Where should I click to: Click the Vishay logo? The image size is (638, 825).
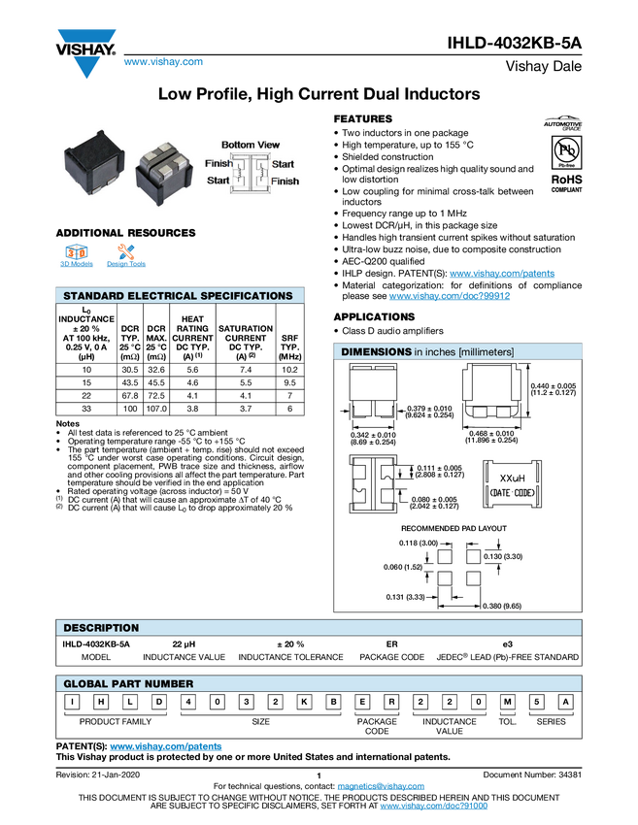pyautogui.click(x=85, y=51)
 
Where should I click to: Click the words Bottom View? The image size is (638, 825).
pyautogui.click(x=251, y=145)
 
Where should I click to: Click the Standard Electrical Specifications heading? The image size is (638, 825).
pyautogui.click(x=178, y=296)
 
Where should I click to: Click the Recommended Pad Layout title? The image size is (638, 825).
pyautogui.click(x=454, y=528)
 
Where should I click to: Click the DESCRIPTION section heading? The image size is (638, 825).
pyautogui.click(x=101, y=628)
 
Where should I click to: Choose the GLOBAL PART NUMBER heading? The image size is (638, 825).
pyautogui.click(x=128, y=684)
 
